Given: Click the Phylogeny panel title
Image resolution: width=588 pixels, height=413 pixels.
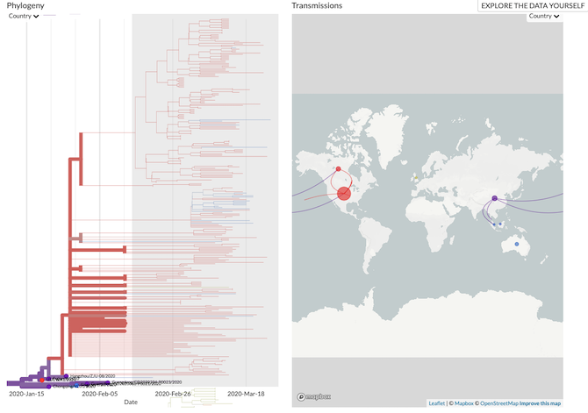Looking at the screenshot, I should click(x=25, y=5).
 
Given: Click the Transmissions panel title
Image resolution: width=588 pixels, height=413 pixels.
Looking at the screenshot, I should click(x=317, y=5).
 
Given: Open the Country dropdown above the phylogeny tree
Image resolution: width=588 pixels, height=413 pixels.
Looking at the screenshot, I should click(x=25, y=16).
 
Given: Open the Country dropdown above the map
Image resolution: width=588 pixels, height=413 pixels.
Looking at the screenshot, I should click(x=544, y=16).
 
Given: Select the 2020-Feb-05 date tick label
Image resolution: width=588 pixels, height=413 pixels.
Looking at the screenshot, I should click(x=100, y=394).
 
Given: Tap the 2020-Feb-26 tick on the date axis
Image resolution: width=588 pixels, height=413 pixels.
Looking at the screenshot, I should click(x=174, y=394).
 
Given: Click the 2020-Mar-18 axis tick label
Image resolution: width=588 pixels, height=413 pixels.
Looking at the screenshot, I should click(x=247, y=394).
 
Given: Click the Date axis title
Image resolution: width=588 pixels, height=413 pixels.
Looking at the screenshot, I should click(x=131, y=402).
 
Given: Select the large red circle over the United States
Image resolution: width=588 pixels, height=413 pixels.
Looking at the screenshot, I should click(x=344, y=194).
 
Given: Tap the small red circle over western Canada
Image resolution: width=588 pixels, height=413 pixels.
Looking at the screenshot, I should click(x=338, y=168).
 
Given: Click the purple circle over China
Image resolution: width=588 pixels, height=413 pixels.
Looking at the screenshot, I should click(x=495, y=198).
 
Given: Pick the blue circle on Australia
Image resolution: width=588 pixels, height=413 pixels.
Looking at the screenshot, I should click(x=517, y=243).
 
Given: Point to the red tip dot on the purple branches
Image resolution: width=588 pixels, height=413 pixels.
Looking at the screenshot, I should click(x=40, y=380).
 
